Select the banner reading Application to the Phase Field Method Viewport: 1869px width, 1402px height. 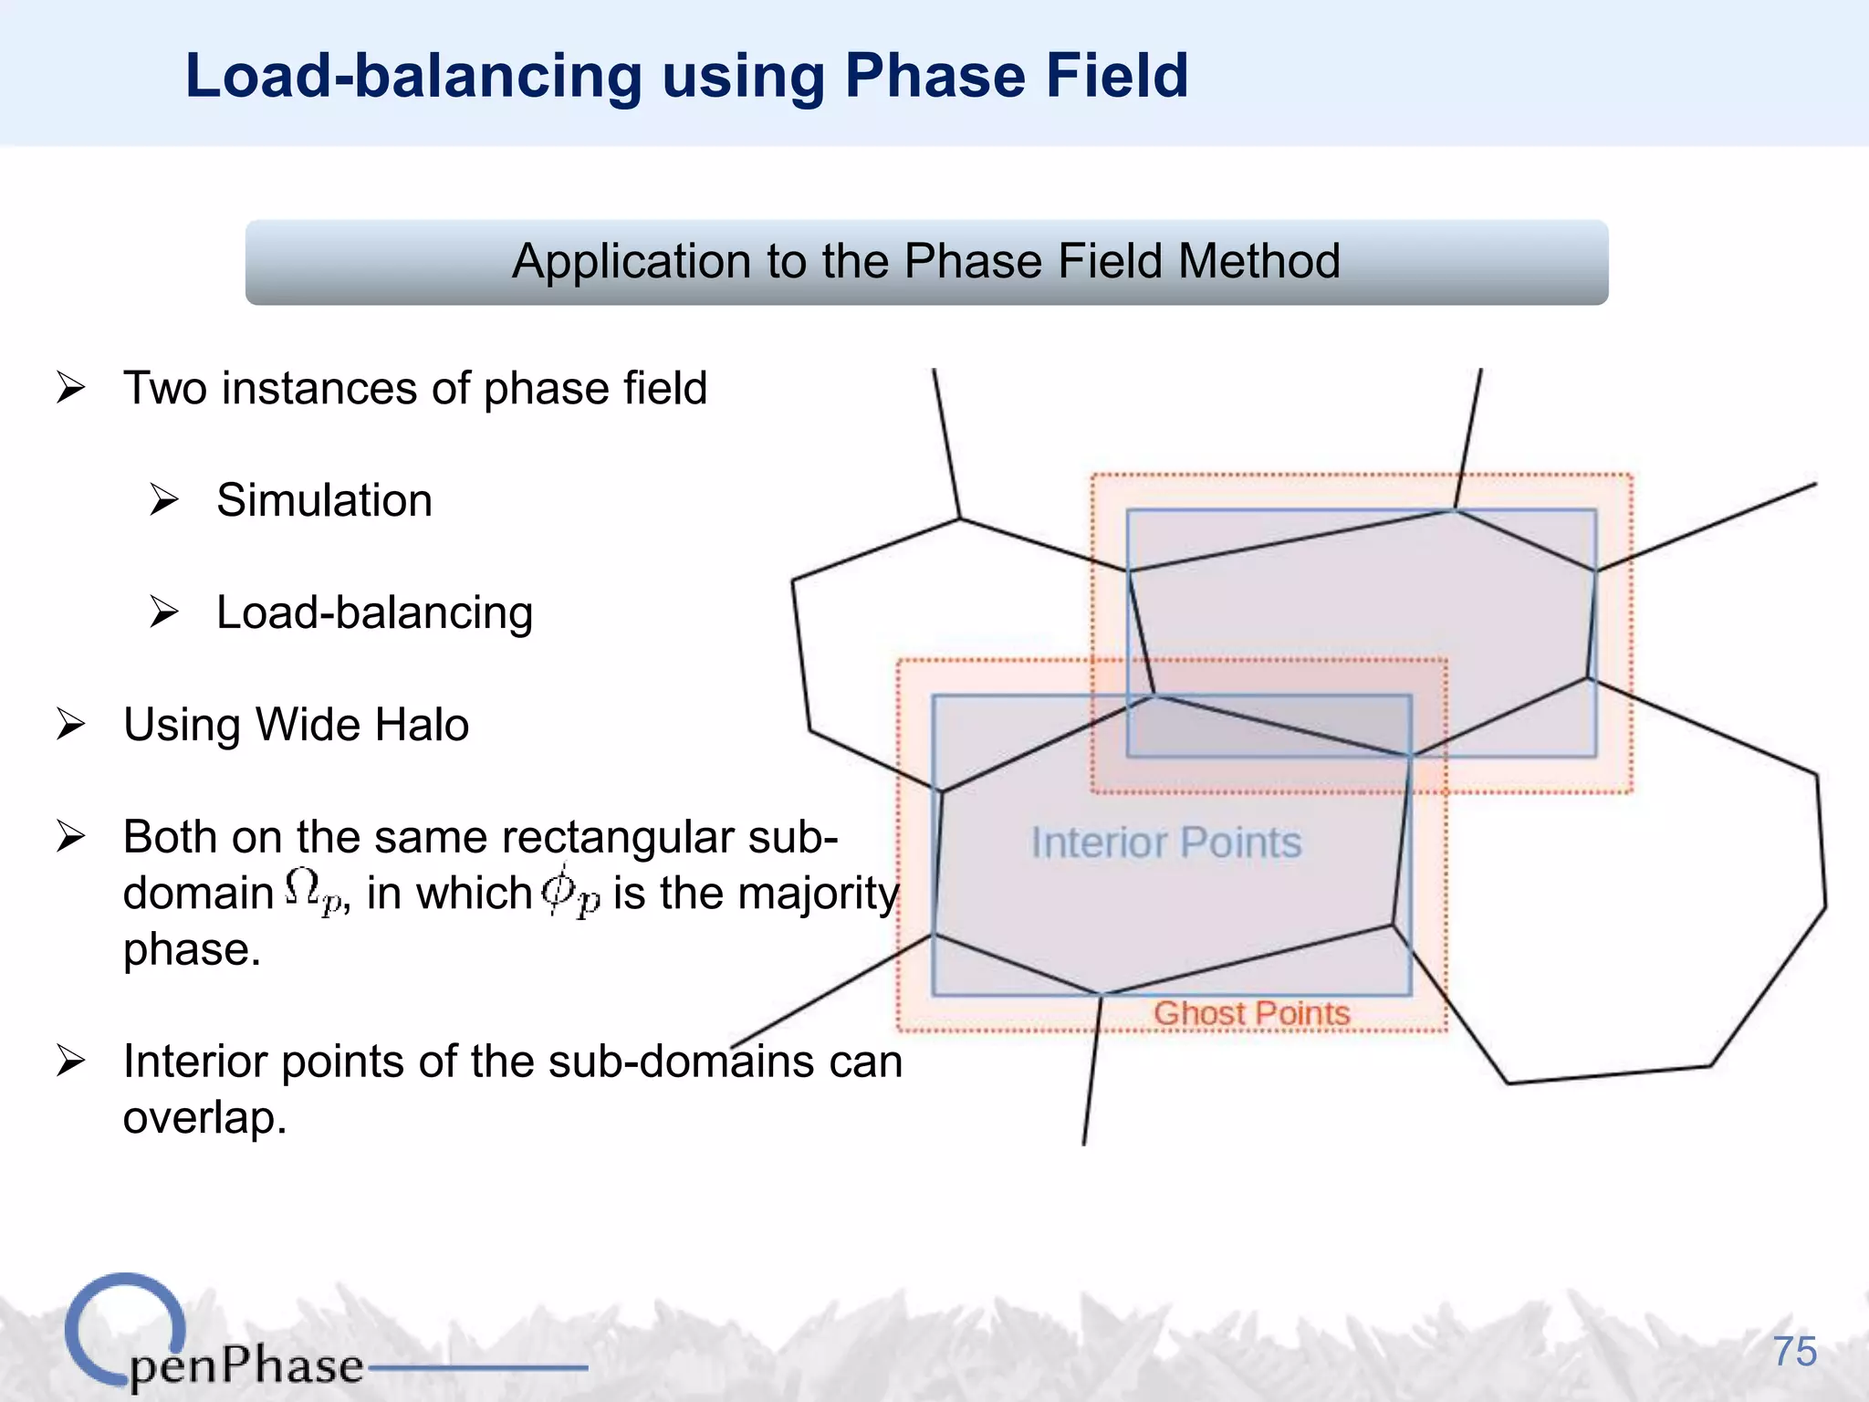tap(926, 262)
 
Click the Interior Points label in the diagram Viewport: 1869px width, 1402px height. tap(1165, 842)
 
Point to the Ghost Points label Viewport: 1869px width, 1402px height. tap(1251, 1013)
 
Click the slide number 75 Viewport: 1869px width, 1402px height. tap(1794, 1352)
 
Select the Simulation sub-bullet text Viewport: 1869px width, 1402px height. tap(324, 501)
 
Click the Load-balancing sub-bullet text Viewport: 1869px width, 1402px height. tap(374, 613)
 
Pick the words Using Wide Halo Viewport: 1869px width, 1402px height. tap(296, 726)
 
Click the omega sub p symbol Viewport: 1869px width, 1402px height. tap(313, 891)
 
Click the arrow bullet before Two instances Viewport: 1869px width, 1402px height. tap(70, 388)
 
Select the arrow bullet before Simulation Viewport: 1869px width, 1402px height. tap(163, 500)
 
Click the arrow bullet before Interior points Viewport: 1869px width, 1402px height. tap(70, 1062)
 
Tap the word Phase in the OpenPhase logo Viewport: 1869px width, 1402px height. tap(292, 1365)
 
